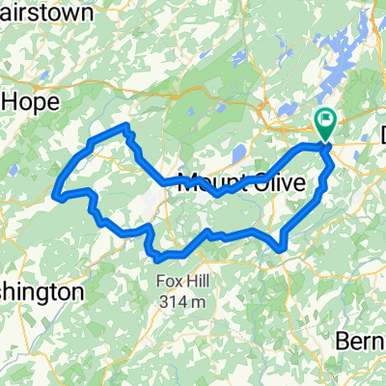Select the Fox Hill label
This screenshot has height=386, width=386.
click(x=181, y=282)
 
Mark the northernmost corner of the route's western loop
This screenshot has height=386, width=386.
click(x=126, y=126)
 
